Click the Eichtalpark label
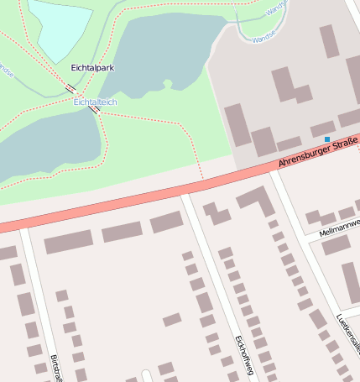(93, 67)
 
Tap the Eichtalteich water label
(95, 102)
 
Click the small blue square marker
(327, 139)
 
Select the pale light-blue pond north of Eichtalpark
(59, 25)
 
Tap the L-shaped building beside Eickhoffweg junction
(257, 201)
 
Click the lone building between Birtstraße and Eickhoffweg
(172, 319)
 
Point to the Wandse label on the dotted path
(6, 71)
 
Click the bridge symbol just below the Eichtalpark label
(70, 87)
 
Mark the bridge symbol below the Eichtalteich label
(95, 109)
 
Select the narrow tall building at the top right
(329, 40)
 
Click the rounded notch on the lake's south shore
(166, 84)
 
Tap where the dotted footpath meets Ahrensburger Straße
(203, 178)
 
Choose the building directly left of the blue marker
(322, 129)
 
